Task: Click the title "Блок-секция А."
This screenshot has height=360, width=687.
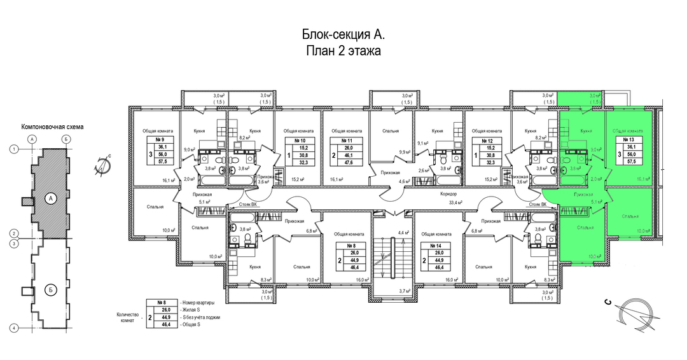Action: point(343,35)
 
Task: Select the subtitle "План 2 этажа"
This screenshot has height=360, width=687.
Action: point(343,52)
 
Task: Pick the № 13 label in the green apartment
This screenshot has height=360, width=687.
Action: point(630,139)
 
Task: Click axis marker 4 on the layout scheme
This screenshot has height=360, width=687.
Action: point(13,328)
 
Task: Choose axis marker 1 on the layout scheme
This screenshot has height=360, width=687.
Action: point(13,149)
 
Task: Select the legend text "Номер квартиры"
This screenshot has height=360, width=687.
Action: point(198,301)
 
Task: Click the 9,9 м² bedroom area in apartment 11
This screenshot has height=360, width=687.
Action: point(403,151)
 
